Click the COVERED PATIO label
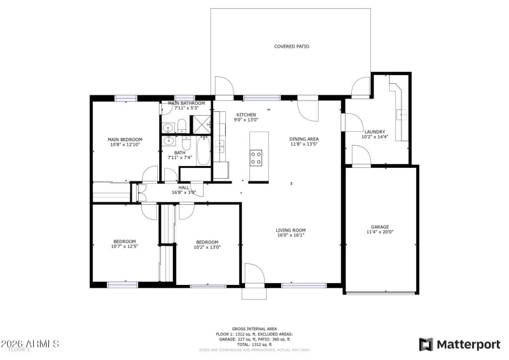291,46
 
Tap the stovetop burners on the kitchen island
256,157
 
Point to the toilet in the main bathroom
181,125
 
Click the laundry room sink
402,114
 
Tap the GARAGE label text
380,226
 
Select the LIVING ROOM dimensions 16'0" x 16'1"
290,235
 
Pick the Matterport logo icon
426,344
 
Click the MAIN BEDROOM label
125,139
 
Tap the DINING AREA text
303,139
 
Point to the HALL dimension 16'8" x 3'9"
184,193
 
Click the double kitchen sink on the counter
220,147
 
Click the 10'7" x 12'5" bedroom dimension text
125,247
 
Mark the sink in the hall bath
169,141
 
